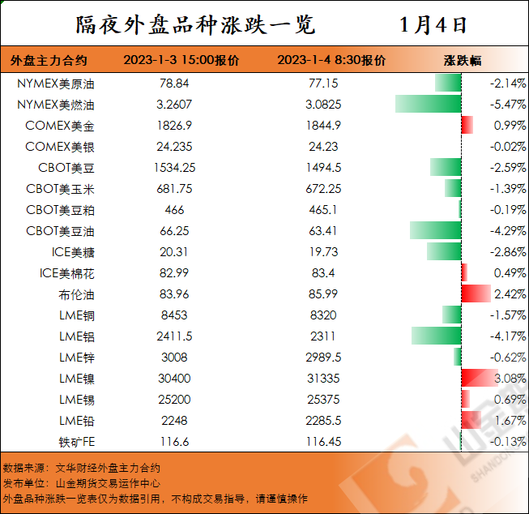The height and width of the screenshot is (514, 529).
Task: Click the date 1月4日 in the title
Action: [x=434, y=24]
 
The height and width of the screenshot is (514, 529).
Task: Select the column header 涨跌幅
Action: [x=462, y=61]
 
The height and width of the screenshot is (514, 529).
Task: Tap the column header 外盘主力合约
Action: [x=49, y=61]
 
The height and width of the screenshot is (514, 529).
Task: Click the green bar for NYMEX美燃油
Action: [x=428, y=105]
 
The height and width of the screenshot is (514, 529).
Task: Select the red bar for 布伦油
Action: [x=476, y=293]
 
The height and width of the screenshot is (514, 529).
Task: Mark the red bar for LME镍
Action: [x=479, y=378]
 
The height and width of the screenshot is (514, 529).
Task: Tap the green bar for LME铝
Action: [x=436, y=336]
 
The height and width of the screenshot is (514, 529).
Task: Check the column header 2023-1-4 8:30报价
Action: [x=331, y=61]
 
